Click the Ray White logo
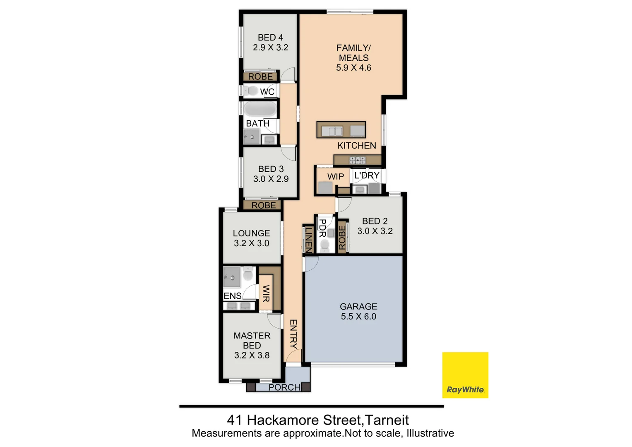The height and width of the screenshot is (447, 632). coord(465,375)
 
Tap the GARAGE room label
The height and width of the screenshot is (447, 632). coord(358,307)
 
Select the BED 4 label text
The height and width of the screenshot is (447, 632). coord(270,38)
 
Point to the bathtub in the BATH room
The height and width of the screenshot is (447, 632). coord(260,110)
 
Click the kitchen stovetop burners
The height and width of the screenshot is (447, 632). coord(357,160)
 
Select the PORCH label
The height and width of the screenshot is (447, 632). coord(284,387)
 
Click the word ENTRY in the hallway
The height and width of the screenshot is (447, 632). coord(293,334)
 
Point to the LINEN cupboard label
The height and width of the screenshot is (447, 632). coord(308,240)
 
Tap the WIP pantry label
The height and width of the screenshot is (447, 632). coord(335,177)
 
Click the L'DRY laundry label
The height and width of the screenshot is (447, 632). coord(367,175)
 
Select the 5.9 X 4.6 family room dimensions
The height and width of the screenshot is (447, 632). coord(353,68)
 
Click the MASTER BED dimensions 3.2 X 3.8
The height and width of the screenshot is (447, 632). coord(252,355)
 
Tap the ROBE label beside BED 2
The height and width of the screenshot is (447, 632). coord(342,238)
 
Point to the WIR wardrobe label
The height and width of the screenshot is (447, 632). coord(266,293)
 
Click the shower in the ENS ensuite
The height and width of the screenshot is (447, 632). coord(231,276)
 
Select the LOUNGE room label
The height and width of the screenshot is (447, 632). coord(251,233)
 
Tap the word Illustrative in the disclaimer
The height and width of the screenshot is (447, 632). coord(430,433)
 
